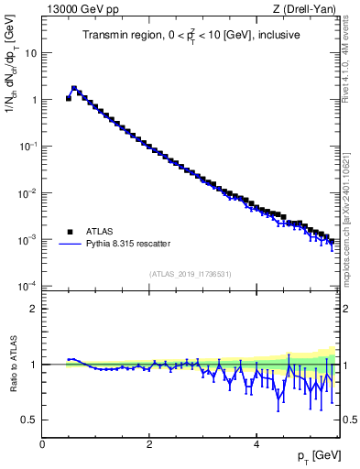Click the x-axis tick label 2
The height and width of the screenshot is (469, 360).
click(x=149, y=444)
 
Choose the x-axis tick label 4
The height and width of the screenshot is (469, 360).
click(x=256, y=444)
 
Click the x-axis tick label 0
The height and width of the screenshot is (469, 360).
click(x=42, y=444)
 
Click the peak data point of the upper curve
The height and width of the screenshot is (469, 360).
click(x=74, y=89)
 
